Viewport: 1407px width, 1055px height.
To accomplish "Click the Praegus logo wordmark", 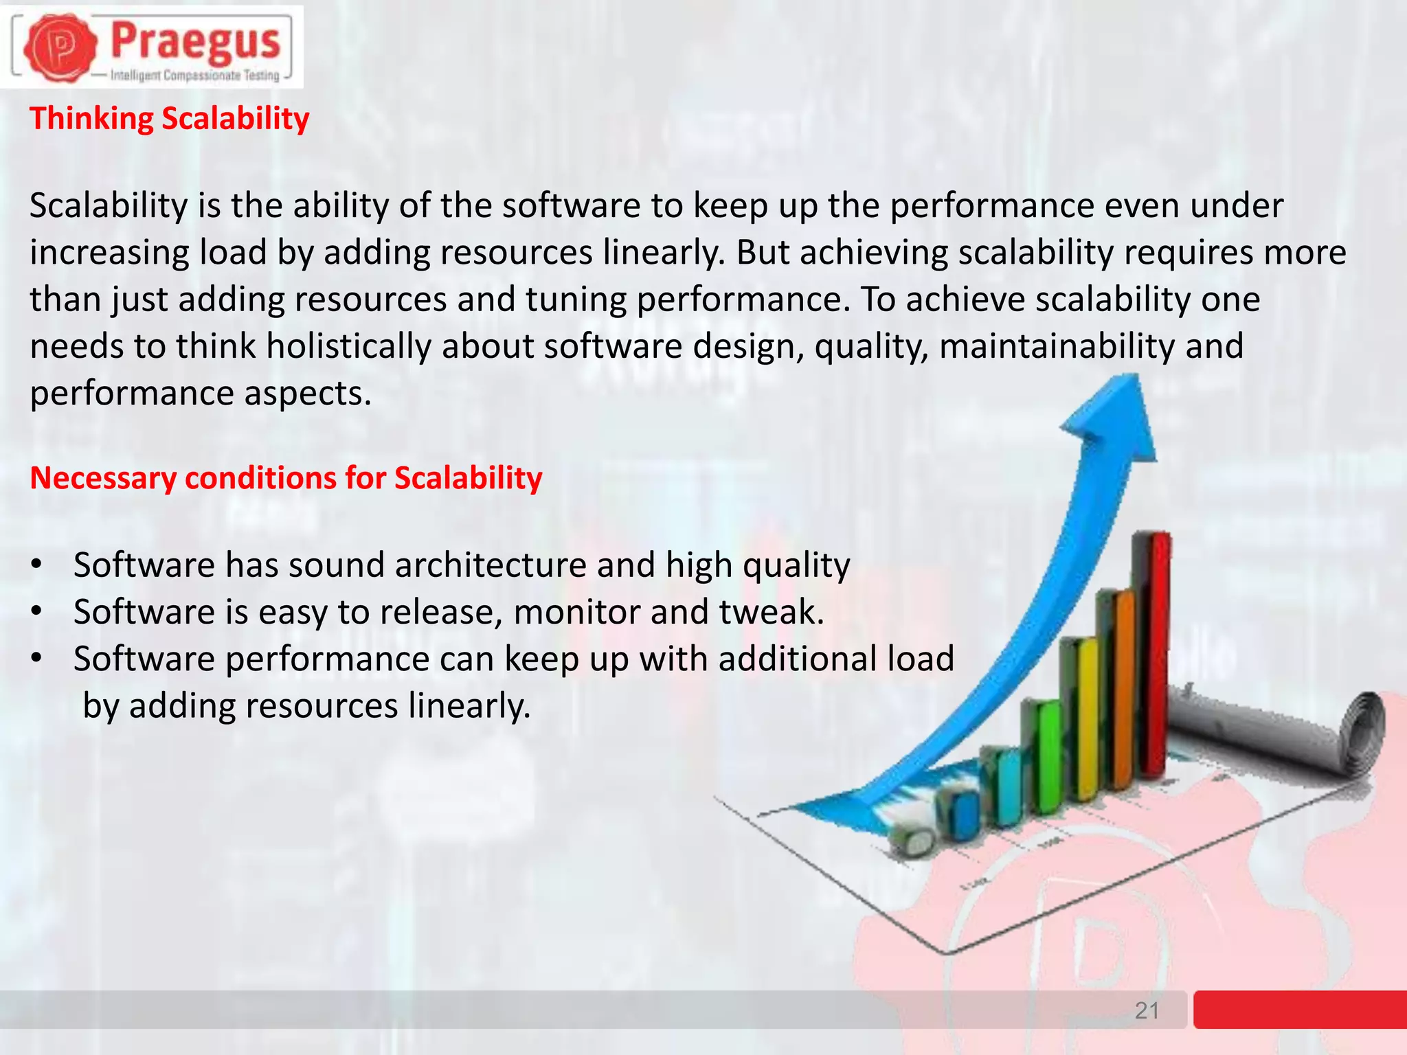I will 196,41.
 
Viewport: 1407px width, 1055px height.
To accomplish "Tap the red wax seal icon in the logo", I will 60,47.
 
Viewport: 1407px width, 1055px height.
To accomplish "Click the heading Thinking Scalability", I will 169,118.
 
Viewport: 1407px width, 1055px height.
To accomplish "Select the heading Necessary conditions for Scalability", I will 286,478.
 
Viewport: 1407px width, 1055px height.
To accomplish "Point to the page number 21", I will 1147,1010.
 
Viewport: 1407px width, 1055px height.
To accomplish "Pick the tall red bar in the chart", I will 1156,653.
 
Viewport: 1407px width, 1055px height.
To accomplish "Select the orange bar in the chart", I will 1121,687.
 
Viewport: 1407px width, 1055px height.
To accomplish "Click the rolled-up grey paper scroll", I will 1285,728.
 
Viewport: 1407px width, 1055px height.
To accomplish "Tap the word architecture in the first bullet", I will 490,565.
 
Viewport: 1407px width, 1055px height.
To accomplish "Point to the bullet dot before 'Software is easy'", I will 37,611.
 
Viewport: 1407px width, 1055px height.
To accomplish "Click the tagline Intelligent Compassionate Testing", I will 195,76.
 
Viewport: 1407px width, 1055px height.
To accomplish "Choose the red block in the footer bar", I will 1300,1009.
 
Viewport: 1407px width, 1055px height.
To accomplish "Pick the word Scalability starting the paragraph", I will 109,205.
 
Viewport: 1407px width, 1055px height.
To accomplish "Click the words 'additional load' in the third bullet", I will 836,659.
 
